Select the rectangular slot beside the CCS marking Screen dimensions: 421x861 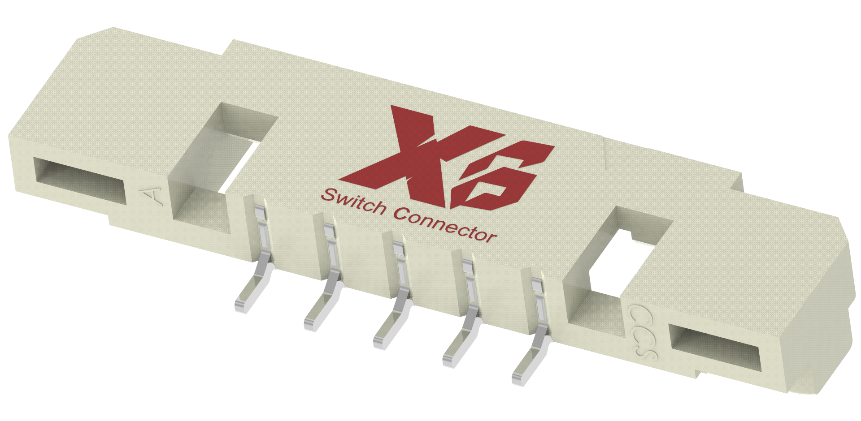point(713,349)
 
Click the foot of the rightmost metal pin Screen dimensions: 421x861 point(521,376)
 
